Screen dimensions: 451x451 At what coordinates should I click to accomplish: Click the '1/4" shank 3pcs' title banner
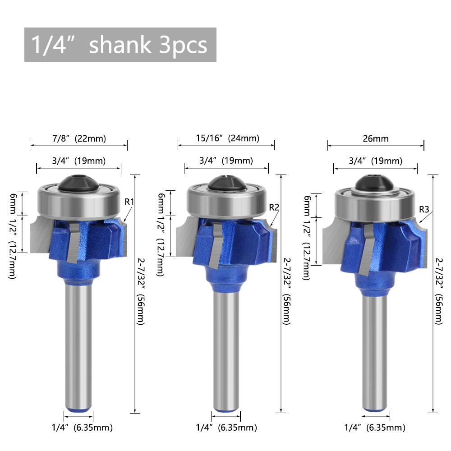pyautogui.click(x=120, y=45)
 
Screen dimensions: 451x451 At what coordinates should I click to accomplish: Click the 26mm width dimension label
pyautogui.click(x=375, y=139)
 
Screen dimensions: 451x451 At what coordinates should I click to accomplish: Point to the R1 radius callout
pyautogui.click(x=129, y=202)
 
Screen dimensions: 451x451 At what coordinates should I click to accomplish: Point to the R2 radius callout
pyautogui.click(x=274, y=207)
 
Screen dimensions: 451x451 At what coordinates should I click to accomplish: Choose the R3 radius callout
pyautogui.click(x=424, y=209)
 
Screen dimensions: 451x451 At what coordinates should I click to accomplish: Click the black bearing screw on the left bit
pyautogui.click(x=78, y=182)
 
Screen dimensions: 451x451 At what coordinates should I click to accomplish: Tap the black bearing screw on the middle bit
pyautogui.click(x=226, y=183)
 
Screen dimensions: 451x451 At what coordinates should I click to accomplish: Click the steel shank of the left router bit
pyautogui.click(x=79, y=343)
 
